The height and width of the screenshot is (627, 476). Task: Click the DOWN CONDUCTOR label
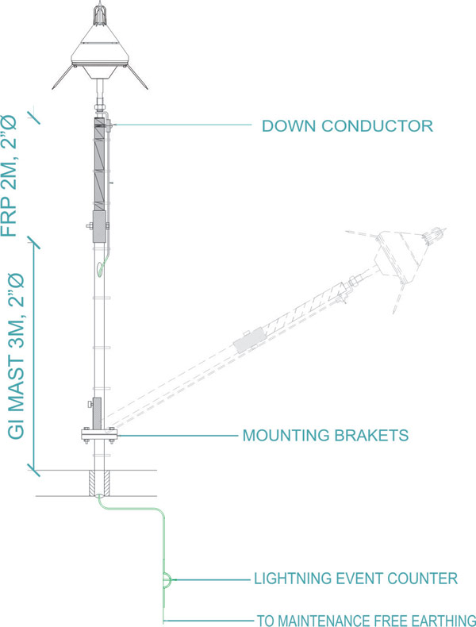click(347, 126)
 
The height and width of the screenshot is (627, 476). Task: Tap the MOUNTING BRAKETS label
click(325, 436)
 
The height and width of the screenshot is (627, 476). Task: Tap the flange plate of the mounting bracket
click(98, 433)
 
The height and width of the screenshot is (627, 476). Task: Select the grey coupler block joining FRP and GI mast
click(99, 225)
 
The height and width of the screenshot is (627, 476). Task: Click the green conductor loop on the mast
click(99, 270)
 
